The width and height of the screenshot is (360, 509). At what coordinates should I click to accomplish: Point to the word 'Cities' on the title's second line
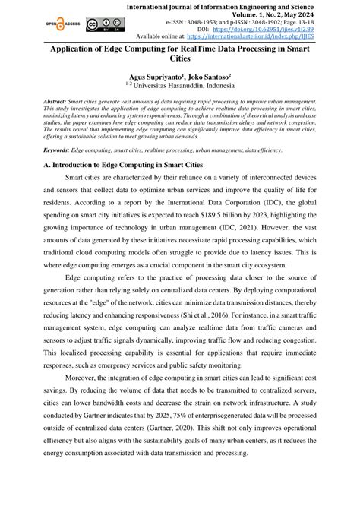pos(179,67)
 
